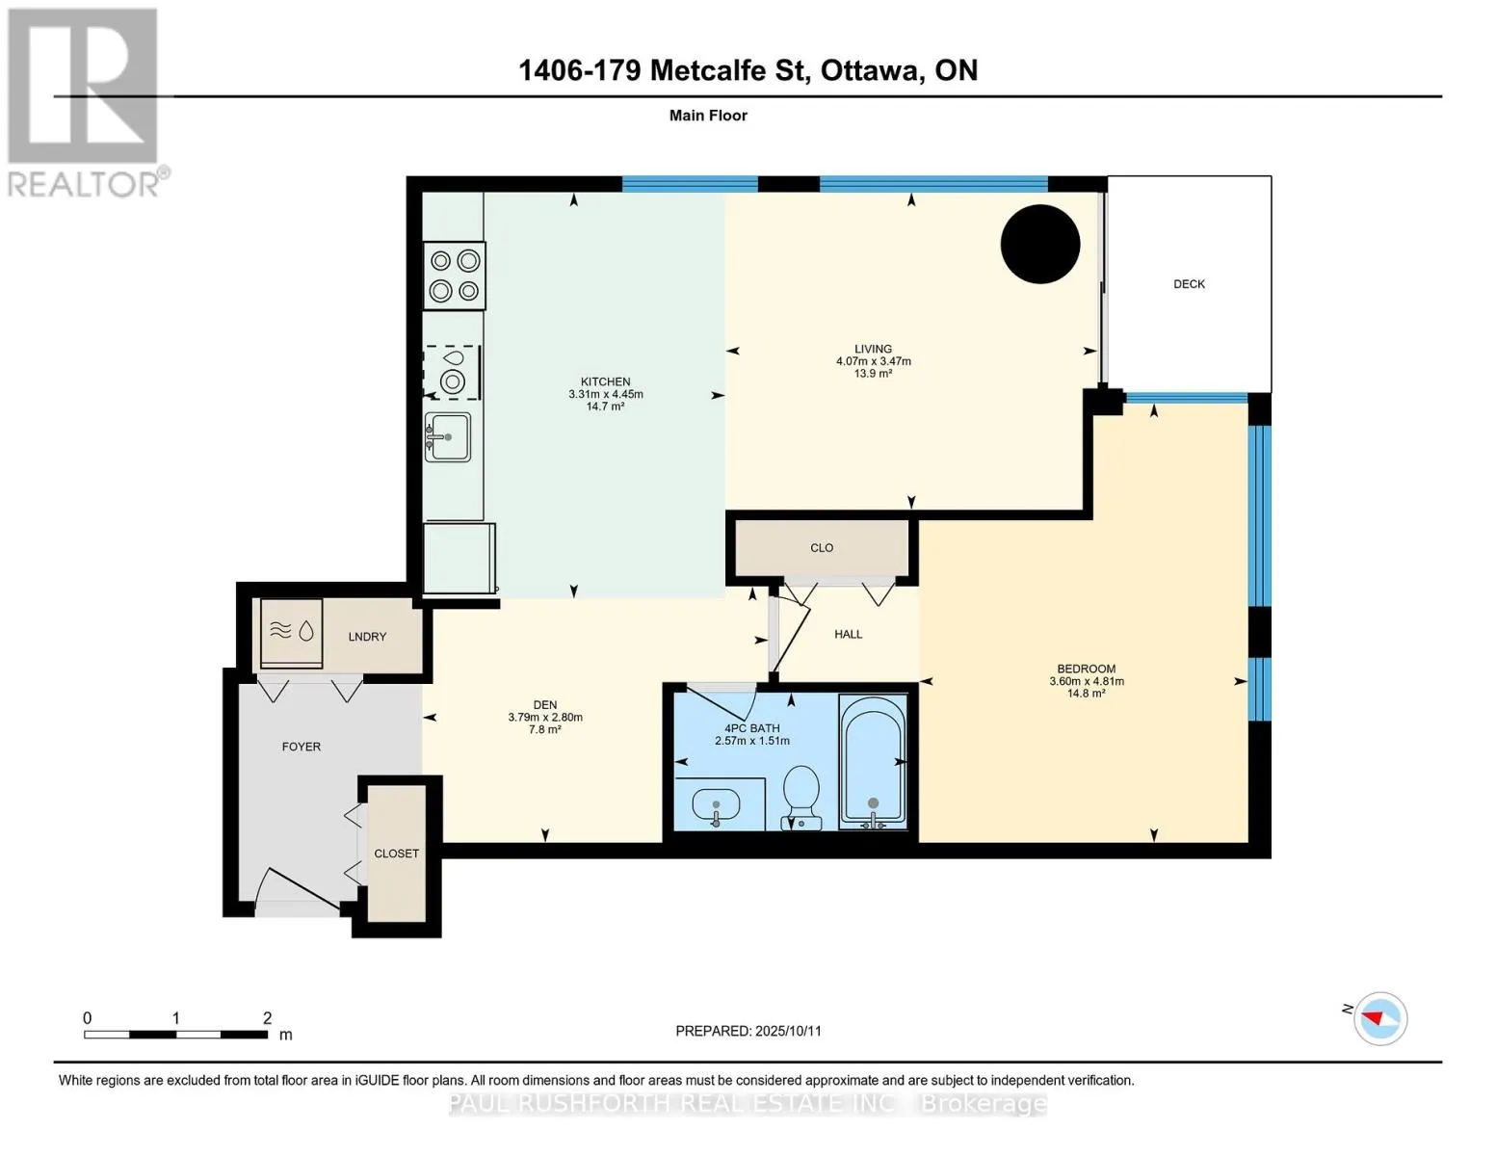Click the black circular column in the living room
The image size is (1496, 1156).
(1039, 245)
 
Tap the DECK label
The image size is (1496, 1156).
(1189, 283)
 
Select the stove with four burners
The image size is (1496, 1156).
(455, 276)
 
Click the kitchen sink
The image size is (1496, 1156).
(448, 436)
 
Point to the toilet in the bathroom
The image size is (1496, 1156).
(801, 798)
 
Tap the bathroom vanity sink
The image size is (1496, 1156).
(716, 804)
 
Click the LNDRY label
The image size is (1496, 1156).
(367, 637)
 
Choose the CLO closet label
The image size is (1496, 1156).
(822, 548)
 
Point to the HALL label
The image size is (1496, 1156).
(848, 634)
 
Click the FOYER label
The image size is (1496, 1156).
(301, 747)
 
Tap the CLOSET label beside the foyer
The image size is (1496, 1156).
(397, 854)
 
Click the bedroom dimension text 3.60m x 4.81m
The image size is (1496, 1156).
(1087, 681)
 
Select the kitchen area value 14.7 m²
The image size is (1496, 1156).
(605, 407)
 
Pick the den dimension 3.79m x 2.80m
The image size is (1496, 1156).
(545, 717)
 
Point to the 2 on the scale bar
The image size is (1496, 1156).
(267, 1017)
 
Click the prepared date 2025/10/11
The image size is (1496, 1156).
(788, 1031)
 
